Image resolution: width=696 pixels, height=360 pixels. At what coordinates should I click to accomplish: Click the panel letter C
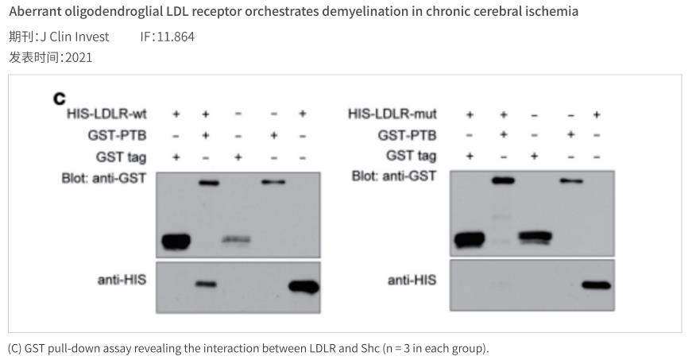pyautogui.click(x=59, y=99)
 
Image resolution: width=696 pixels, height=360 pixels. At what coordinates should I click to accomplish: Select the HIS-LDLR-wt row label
pyautogui.click(x=106, y=114)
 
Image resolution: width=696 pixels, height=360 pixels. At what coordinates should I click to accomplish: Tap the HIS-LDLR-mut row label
pyautogui.click(x=392, y=114)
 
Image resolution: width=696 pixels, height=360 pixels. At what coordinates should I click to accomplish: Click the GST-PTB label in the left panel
pyautogui.click(x=117, y=135)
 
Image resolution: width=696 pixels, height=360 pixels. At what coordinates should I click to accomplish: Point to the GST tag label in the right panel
pyautogui.click(x=411, y=156)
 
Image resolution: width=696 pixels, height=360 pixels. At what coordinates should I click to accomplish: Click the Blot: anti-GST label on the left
pyautogui.click(x=104, y=177)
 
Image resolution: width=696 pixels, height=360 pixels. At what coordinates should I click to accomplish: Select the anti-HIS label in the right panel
pyautogui.click(x=412, y=280)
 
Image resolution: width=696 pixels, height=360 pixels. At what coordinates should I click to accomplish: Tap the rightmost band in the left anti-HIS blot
pyautogui.click(x=304, y=286)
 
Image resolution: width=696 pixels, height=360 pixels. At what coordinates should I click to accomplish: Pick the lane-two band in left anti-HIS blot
pyautogui.click(x=206, y=284)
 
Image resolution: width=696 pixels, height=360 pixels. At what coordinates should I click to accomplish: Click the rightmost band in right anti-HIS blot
pyautogui.click(x=596, y=285)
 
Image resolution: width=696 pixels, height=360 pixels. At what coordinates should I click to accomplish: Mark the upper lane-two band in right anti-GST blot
pyautogui.click(x=502, y=181)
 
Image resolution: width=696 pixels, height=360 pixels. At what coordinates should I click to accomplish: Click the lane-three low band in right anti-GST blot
pyautogui.click(x=534, y=237)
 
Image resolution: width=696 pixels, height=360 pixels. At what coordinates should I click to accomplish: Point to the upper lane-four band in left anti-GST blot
pyautogui.click(x=273, y=182)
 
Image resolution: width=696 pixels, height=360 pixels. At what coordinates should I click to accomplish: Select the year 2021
pyautogui.click(x=79, y=57)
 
